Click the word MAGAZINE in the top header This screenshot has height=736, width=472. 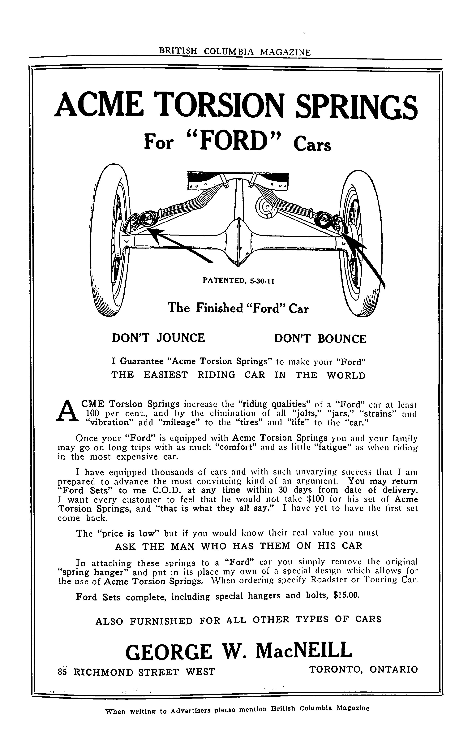click(x=285, y=52)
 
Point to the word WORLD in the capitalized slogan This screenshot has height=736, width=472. click(x=346, y=375)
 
